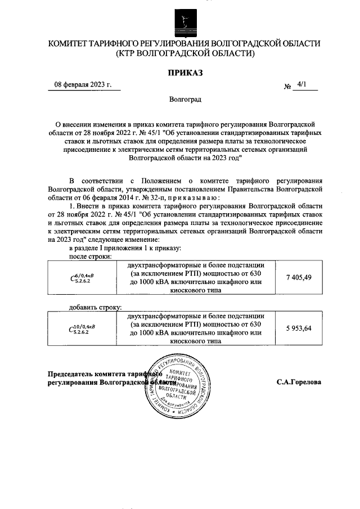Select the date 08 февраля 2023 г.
[83, 85]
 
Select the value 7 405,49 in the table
[299, 278]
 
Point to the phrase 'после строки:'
[89, 256]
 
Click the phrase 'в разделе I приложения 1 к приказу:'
[125, 248]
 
